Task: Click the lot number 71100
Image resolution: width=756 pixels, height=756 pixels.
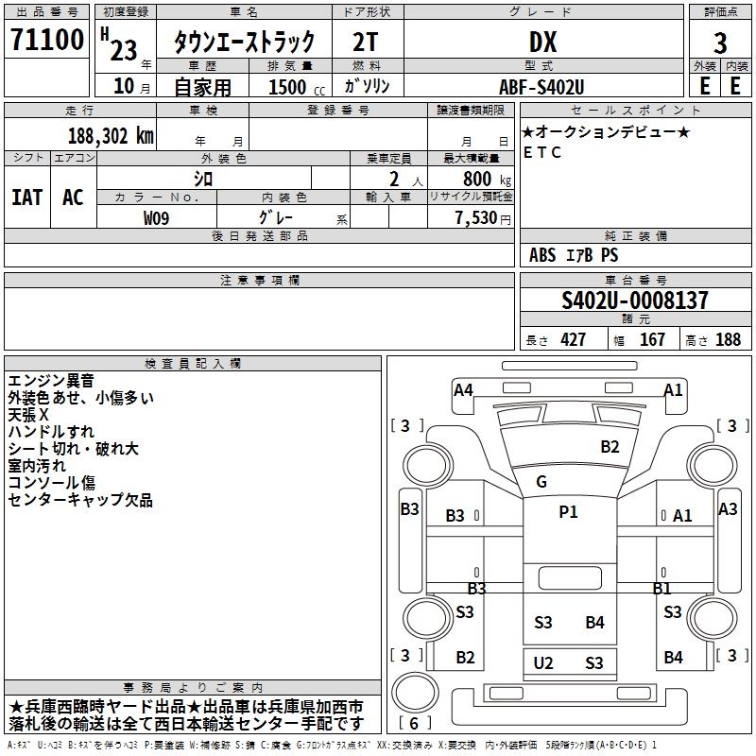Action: pyautogui.click(x=46, y=41)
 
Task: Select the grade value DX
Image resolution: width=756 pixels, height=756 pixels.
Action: pyautogui.click(x=542, y=42)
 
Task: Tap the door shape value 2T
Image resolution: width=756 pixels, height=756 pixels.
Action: pyautogui.click(x=366, y=42)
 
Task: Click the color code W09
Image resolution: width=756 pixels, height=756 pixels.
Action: pyautogui.click(x=156, y=218)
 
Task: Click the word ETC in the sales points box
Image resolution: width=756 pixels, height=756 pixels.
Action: pyautogui.click(x=541, y=152)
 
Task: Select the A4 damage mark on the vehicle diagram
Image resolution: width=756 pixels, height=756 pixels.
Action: pyautogui.click(x=463, y=389)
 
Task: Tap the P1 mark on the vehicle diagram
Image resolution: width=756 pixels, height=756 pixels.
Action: pyautogui.click(x=568, y=512)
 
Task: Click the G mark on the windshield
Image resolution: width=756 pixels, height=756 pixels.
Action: pyautogui.click(x=541, y=482)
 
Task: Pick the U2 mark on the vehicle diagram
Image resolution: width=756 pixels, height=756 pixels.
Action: pyautogui.click(x=543, y=662)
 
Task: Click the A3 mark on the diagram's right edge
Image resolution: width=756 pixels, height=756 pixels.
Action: pyautogui.click(x=728, y=508)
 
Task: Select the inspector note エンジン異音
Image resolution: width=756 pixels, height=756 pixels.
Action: pyautogui.click(x=51, y=381)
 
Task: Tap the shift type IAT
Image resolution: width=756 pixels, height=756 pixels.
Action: pyautogui.click(x=26, y=198)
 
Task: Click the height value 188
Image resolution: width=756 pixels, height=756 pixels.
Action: pyautogui.click(x=728, y=340)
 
